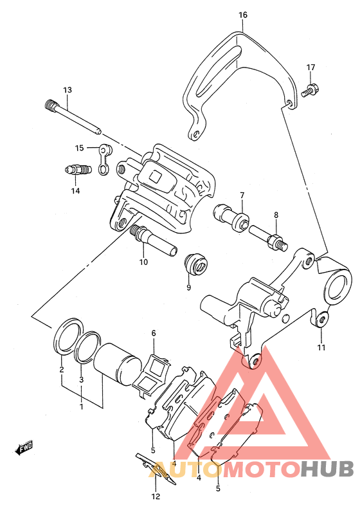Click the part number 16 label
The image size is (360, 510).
(242, 15)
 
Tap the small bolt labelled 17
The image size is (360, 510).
(310, 90)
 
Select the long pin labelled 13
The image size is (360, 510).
(73, 117)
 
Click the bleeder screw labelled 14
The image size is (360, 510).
(76, 170)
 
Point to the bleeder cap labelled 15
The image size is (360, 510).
(105, 159)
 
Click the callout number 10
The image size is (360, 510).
(143, 262)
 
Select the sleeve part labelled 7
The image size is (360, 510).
(231, 217)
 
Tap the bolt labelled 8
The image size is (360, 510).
(268, 239)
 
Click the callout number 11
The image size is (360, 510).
(321, 348)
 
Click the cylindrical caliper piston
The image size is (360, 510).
(118, 363)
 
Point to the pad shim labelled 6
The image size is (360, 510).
(152, 375)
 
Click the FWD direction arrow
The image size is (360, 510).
(24, 447)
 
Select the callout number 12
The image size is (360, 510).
(156, 496)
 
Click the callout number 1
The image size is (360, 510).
(82, 406)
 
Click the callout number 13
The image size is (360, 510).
(67, 90)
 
